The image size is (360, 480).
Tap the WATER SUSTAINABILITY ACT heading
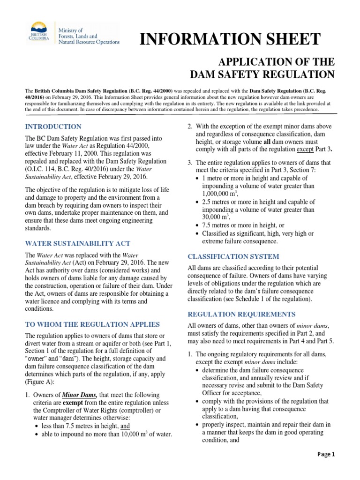click(x=77, y=243)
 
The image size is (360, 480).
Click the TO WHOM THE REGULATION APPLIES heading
click(x=92, y=324)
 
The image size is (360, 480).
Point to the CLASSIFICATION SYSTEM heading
click(x=233, y=256)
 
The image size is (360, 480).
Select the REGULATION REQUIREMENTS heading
click(x=241, y=314)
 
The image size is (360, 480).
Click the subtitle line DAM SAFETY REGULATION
click(x=262, y=74)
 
